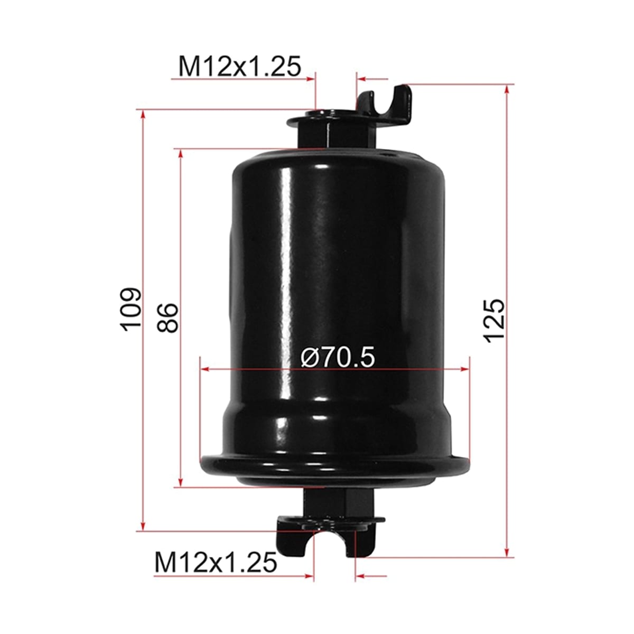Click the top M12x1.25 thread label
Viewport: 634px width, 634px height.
(240, 66)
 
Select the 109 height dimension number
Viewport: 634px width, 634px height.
(130, 310)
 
